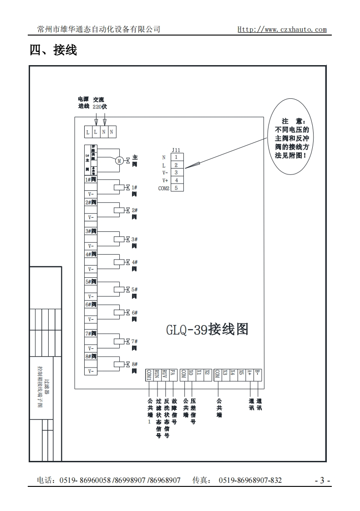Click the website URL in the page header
(282, 30)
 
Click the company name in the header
(99, 29)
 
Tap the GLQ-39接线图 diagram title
(208, 328)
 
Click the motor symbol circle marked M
(119, 160)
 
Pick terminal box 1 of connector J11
(177, 157)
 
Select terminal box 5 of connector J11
(177, 188)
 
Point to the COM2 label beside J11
(163, 188)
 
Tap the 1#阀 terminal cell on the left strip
(91, 180)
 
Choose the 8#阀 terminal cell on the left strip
(91, 356)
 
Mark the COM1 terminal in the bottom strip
(149, 374)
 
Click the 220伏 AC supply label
(100, 107)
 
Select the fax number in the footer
(250, 480)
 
